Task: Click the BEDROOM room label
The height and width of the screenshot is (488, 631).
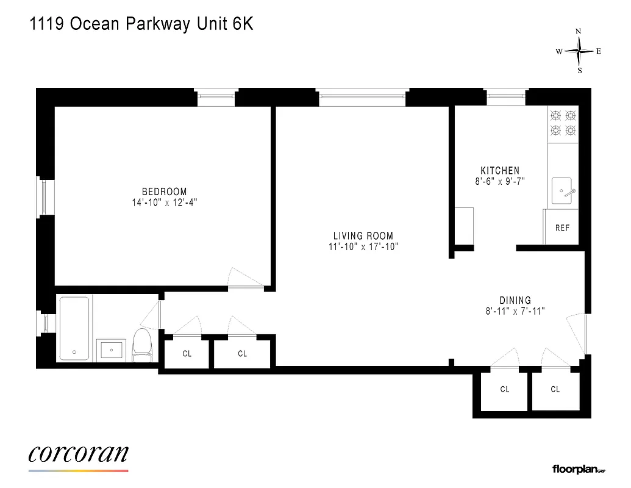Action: coord(165,192)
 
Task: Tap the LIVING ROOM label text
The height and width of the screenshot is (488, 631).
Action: coord(363,236)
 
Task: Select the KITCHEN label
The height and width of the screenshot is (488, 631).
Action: coord(500,171)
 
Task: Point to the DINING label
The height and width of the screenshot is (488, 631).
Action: coord(515,300)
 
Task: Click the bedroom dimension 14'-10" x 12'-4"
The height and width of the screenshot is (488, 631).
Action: coord(165,203)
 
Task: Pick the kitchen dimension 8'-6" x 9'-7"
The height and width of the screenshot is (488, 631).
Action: coord(500,181)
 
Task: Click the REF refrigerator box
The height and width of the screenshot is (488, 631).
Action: coord(561,227)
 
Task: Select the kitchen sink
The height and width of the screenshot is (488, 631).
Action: coord(563,191)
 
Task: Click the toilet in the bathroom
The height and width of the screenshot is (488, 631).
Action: coord(142,345)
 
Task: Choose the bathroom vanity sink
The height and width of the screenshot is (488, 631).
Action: coord(112,350)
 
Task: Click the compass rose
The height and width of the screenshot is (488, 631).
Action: coord(579,52)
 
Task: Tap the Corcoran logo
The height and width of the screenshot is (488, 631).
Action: coord(78,454)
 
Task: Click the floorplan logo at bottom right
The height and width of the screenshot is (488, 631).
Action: coord(578,469)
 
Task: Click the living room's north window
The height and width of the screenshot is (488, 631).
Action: coord(362,97)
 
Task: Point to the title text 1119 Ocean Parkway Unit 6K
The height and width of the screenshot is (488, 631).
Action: coord(141,25)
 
